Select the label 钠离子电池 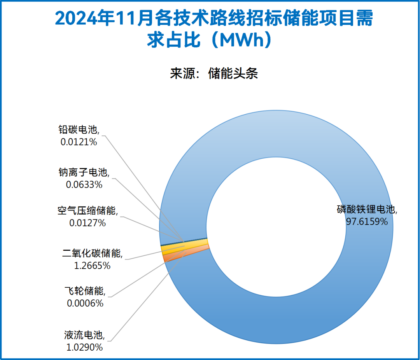(84, 172)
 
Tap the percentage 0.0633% (84, 184)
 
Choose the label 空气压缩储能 (87, 211)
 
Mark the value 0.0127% (87, 223)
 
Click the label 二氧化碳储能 (93, 253)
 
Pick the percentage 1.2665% (93, 266)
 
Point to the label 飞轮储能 (84, 291)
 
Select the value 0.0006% (85, 303)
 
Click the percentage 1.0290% (84, 347)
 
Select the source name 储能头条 (233, 73)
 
